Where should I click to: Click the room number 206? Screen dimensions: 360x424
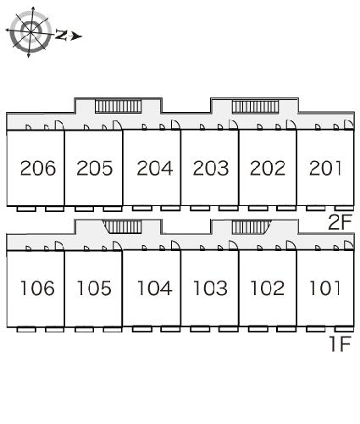[x=38, y=168]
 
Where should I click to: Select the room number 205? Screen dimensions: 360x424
[x=94, y=168]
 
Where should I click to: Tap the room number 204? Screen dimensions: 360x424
[x=155, y=168]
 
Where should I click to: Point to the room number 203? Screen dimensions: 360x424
[x=211, y=168]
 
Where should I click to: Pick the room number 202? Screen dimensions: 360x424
[x=268, y=168]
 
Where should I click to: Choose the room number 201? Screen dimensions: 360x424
[x=325, y=168]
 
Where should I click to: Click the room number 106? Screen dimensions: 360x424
[x=37, y=288]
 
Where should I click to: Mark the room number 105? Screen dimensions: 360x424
[x=94, y=288]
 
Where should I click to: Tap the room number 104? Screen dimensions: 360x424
[x=155, y=288]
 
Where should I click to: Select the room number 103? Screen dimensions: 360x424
[x=211, y=288]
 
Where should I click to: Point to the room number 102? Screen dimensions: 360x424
[x=268, y=288]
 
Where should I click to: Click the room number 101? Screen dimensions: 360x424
[x=324, y=288]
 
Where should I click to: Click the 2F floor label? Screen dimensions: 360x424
[x=340, y=222]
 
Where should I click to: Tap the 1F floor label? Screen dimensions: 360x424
[x=341, y=343]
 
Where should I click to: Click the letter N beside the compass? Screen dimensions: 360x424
[x=61, y=35]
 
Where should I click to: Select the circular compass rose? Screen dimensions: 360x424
[x=30, y=31]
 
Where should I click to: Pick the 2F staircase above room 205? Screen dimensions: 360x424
[x=118, y=106]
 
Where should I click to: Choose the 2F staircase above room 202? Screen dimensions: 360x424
[x=255, y=107]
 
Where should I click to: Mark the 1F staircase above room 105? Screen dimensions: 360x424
[x=122, y=227]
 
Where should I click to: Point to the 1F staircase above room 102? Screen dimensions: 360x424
[x=252, y=227]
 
